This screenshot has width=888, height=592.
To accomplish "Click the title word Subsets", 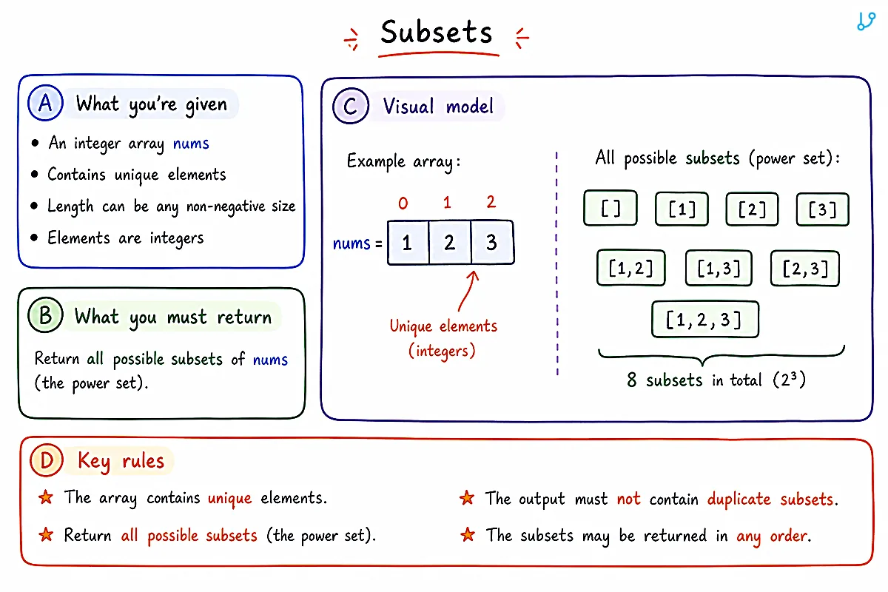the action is click(x=436, y=32).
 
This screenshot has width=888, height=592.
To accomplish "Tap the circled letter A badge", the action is click(x=46, y=103).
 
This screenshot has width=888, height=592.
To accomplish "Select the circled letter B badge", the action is click(x=46, y=314).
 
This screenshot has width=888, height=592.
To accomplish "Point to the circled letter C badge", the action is click(x=351, y=106).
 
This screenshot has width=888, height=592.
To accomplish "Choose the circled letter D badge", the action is click(x=47, y=460).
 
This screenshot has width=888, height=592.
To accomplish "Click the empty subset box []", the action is click(x=610, y=208).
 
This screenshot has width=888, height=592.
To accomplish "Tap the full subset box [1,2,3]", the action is click(x=704, y=319).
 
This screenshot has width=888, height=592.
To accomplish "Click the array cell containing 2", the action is click(x=450, y=242).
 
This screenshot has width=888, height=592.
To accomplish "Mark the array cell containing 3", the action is click(x=492, y=242).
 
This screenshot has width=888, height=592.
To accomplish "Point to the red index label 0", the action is click(x=403, y=203).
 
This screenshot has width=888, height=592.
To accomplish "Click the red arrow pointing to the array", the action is click(x=468, y=291).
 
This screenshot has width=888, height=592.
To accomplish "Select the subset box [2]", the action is click(x=752, y=209).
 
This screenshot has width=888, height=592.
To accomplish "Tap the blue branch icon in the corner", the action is click(x=866, y=21).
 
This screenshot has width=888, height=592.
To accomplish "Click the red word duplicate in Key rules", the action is click(x=739, y=499).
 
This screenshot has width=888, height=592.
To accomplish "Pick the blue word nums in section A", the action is click(x=191, y=143).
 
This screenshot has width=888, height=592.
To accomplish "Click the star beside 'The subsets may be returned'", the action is click(x=468, y=535).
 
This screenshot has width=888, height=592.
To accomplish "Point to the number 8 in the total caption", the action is click(x=632, y=380).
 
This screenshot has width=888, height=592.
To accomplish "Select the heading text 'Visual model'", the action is click(x=438, y=107).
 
